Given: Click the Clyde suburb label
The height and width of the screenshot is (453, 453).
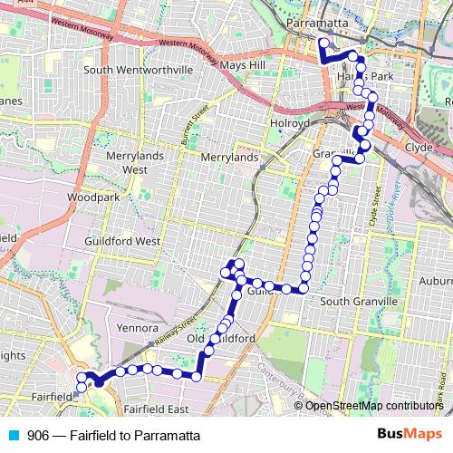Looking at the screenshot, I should [419, 146].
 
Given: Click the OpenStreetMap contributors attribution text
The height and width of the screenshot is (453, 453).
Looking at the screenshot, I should [375, 405].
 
